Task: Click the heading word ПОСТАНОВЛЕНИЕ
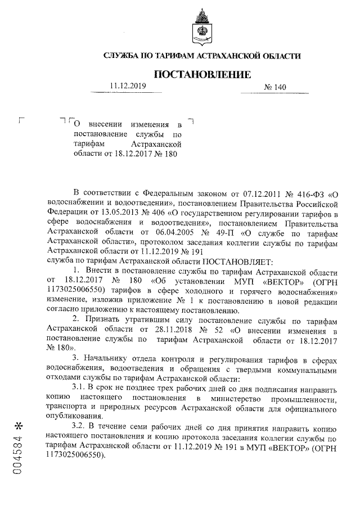pos(202,74)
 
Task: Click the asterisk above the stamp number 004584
pos(18,424)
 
